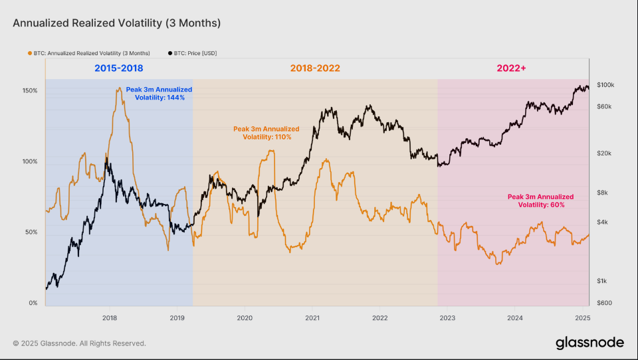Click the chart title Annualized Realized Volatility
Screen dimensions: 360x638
tap(116, 23)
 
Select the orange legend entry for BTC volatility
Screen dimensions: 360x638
tap(90, 52)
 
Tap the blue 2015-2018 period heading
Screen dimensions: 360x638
tap(118, 68)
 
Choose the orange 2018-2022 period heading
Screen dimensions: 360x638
tap(314, 68)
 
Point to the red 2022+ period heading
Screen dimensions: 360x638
tap(512, 68)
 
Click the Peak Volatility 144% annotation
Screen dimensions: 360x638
tap(159, 93)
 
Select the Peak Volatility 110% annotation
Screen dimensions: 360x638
tap(266, 133)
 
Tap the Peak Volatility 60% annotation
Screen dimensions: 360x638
tap(540, 201)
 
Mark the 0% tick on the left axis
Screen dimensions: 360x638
tap(33, 303)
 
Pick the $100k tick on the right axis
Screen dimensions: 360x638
tap(605, 85)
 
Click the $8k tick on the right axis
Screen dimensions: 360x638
tap(603, 193)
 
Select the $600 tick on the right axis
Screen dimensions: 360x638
tap(603, 303)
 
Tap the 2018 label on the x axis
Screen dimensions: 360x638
tap(110, 318)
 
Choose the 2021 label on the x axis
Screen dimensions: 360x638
tap(312, 318)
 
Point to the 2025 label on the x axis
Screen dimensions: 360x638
tap(582, 318)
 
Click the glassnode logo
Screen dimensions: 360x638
tap(589, 343)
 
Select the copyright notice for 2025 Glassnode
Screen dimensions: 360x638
tap(79, 343)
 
